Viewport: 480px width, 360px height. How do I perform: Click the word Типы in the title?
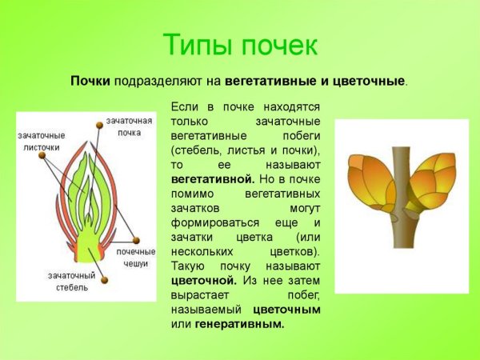point(198,44)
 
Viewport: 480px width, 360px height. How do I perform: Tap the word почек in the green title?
point(276,44)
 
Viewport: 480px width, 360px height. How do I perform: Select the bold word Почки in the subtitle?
point(90,82)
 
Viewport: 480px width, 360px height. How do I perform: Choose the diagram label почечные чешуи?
point(133,258)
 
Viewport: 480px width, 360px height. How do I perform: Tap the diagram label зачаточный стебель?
point(71,281)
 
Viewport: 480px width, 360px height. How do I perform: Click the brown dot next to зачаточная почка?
point(99,125)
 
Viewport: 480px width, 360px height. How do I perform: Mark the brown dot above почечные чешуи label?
point(138,239)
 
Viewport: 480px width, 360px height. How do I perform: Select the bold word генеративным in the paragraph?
point(239,324)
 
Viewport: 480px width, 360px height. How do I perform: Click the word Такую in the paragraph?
point(189,266)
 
